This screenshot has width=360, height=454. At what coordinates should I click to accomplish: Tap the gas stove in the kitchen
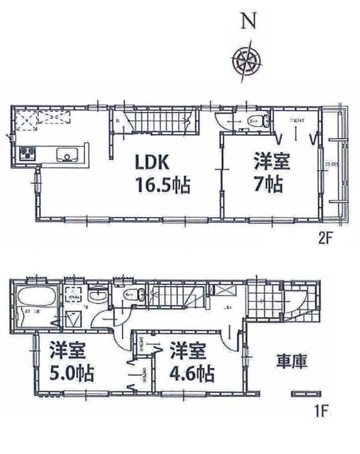tap(27, 154)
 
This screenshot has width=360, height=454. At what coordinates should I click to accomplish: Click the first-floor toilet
tap(131, 296)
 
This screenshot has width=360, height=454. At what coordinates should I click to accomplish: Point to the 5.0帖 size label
tap(71, 372)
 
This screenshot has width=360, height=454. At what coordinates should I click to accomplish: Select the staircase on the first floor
tap(175, 298)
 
